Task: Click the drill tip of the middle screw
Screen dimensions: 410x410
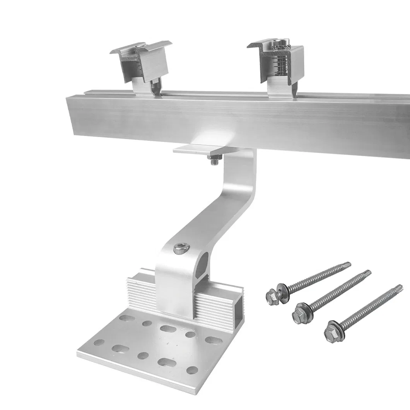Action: click(367, 273)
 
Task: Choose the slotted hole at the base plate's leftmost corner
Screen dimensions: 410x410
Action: click(99, 342)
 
